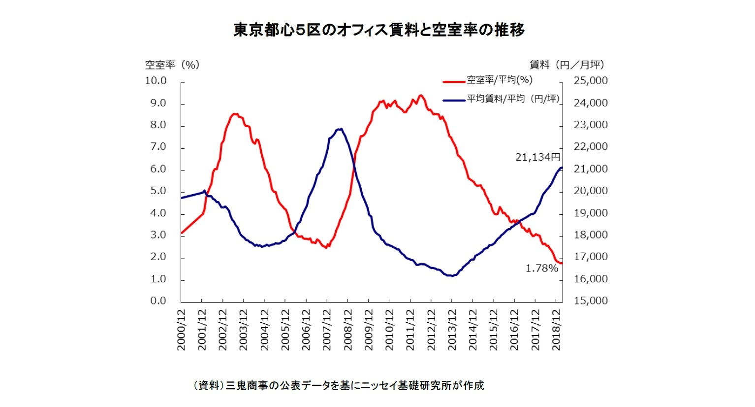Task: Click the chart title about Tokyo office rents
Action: pyautogui.click(x=378, y=30)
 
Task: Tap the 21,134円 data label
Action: pyautogui.click(x=537, y=157)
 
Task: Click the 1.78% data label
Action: pyautogui.click(x=541, y=269)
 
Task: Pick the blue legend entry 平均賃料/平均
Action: pyautogui.click(x=512, y=99)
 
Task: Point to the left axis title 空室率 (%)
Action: pyautogui.click(x=172, y=65)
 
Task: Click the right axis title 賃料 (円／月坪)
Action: pyautogui.click(x=566, y=65)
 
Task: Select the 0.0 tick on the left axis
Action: pyautogui.click(x=158, y=301)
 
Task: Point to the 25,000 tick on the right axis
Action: pyautogui.click(x=591, y=81)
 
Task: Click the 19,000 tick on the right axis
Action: pyautogui.click(x=591, y=213)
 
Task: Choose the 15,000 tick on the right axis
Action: pyautogui.click(x=591, y=301)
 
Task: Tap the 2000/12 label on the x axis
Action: pyautogui.click(x=181, y=330)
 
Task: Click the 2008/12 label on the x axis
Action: pyautogui.click(x=348, y=330)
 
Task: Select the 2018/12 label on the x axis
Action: pyautogui.click(x=556, y=330)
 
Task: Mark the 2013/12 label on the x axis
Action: pyautogui.click(x=452, y=330)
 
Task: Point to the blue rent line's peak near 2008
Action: pyautogui.click(x=340, y=129)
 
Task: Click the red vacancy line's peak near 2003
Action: pyautogui.click(x=235, y=114)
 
